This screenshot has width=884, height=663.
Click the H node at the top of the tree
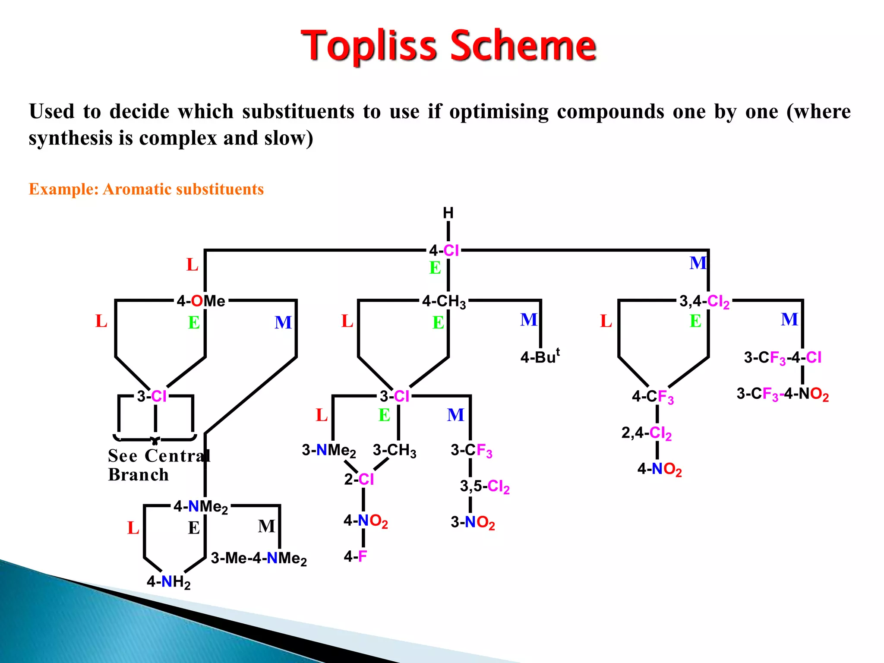pyautogui.click(x=448, y=213)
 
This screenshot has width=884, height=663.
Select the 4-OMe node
pyautogui.click(x=201, y=301)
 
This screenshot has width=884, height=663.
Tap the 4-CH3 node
pyautogui.click(x=444, y=301)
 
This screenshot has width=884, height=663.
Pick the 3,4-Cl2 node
pyautogui.click(x=704, y=301)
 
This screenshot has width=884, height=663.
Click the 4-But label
pyautogui.click(x=540, y=357)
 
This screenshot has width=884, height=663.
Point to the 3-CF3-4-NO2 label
pyautogui.click(x=782, y=394)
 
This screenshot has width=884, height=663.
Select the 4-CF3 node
pyautogui.click(x=652, y=397)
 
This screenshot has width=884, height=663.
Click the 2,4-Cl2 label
pyautogui.click(x=646, y=433)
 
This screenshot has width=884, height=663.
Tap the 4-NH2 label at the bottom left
pyautogui.click(x=168, y=582)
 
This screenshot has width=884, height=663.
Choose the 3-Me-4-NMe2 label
pyautogui.click(x=259, y=559)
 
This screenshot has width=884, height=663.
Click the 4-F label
pyautogui.click(x=355, y=556)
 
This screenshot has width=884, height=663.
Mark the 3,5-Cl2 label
pyautogui.click(x=484, y=486)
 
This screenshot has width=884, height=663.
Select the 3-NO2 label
pyautogui.click(x=473, y=522)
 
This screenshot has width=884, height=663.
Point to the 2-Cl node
pyautogui.click(x=359, y=479)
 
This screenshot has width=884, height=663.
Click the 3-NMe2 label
pyautogui.click(x=329, y=451)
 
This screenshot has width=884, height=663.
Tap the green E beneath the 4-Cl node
pyautogui.click(x=435, y=268)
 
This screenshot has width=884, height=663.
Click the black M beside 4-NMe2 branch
pyautogui.click(x=266, y=526)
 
